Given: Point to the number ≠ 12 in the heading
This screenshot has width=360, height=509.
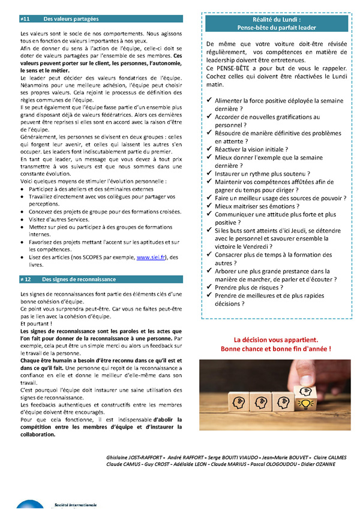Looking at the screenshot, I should point(26,279).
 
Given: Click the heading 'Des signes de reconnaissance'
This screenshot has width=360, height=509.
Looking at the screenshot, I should point(79,279).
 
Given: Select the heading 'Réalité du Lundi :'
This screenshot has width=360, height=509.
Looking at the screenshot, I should point(276,20).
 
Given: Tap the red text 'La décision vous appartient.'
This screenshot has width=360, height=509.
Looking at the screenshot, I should point(276,339).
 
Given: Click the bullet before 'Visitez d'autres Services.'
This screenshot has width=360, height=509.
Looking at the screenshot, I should point(22,219).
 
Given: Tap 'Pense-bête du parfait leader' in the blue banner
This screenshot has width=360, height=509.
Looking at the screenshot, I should point(276,28).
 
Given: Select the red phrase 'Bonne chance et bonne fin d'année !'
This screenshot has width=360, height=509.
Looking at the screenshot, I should point(276,348).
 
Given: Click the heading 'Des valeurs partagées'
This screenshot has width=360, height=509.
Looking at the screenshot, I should point(71,19).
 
